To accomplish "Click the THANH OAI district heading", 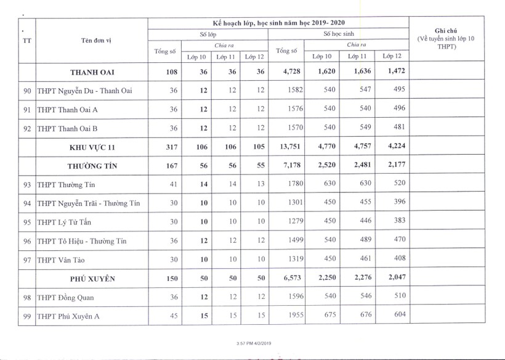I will pos(92,72).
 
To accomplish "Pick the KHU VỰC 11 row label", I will pos(92,147).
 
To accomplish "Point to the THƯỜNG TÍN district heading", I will pos(92,166).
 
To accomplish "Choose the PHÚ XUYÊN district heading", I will pos(92,278).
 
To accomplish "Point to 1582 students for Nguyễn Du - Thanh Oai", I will pos(296,91).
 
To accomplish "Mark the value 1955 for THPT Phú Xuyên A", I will pos(296,316).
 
